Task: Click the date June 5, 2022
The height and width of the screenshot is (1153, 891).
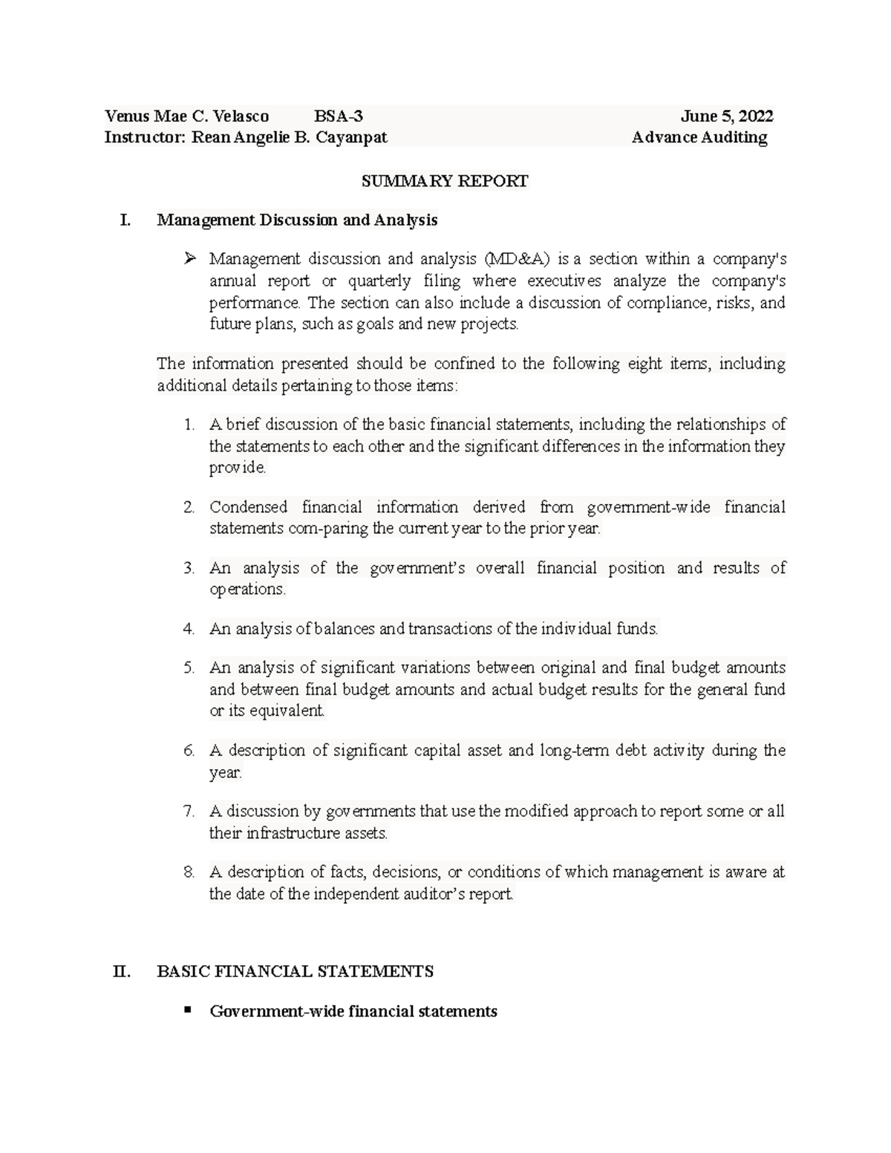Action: (727, 116)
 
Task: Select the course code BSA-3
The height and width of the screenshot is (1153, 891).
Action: (339, 116)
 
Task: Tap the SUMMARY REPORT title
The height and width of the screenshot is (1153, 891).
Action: (445, 181)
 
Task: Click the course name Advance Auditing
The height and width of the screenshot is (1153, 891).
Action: (699, 137)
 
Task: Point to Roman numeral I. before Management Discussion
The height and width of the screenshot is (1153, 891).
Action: (125, 221)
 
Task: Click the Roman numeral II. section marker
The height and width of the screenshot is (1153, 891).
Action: (122, 972)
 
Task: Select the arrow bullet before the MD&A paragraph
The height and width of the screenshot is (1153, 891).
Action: (190, 258)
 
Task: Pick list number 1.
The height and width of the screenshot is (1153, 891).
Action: (189, 425)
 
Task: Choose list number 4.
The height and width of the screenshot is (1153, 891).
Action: (189, 630)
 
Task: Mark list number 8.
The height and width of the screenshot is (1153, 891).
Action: (189, 872)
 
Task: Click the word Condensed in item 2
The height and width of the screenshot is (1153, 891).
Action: (248, 508)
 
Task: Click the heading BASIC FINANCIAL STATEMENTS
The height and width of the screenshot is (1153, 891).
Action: (295, 972)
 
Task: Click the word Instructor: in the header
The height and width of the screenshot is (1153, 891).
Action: (144, 137)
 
